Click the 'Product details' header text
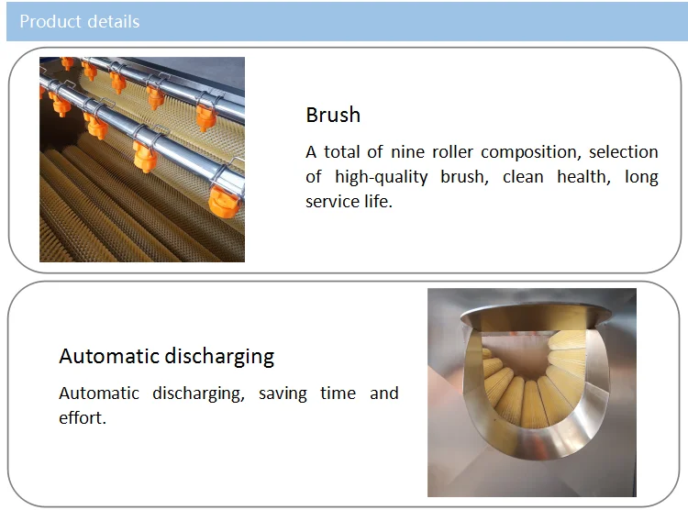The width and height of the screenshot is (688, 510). (x=80, y=21)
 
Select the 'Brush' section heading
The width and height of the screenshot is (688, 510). (x=333, y=115)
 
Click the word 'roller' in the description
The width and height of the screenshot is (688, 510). (x=453, y=152)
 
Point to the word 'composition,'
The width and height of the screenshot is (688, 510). (x=531, y=153)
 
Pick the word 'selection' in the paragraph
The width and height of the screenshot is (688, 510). (x=624, y=152)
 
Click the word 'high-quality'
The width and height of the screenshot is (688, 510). (x=382, y=177)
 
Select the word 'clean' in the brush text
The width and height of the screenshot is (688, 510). (x=523, y=177)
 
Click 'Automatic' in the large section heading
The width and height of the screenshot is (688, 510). (x=109, y=356)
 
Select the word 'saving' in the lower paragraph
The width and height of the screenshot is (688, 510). (x=283, y=394)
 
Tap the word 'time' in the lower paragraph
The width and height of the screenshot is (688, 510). (x=338, y=394)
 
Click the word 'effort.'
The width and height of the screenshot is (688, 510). (x=83, y=418)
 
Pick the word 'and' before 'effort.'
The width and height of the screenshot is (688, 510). (x=384, y=394)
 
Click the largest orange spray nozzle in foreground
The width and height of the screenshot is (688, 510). (x=224, y=202)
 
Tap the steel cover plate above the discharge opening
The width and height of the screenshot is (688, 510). (x=536, y=316)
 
